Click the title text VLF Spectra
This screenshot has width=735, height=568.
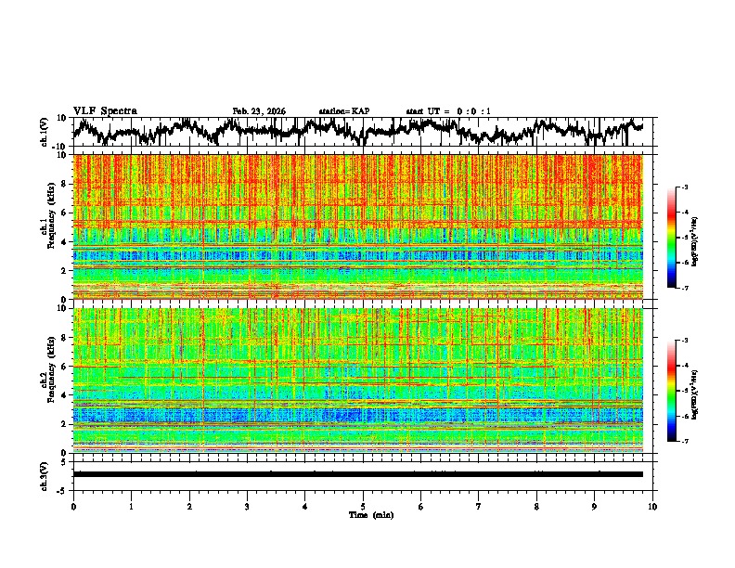click(x=105, y=111)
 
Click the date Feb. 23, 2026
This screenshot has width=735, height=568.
click(x=259, y=111)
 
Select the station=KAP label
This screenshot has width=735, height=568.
click(x=343, y=111)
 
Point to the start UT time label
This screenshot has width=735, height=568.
click(x=448, y=111)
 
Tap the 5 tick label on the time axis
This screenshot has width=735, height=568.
click(x=363, y=506)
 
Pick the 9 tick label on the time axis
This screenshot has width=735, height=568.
click(x=595, y=506)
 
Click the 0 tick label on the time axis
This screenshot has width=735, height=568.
click(x=73, y=506)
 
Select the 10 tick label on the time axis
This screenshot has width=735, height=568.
click(x=653, y=506)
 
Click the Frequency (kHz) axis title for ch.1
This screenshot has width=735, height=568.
click(x=53, y=226)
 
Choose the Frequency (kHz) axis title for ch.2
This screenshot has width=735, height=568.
click(x=53, y=380)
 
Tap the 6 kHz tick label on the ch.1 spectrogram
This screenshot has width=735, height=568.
click(x=65, y=213)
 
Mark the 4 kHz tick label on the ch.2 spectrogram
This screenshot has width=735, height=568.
click(x=65, y=394)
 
